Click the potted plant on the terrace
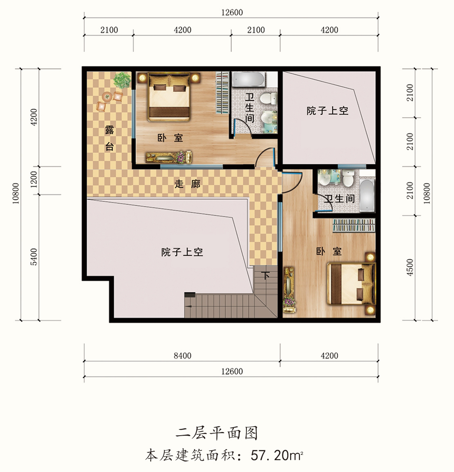tap(122, 80)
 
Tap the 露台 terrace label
tap(110, 138)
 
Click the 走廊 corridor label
tap(188, 184)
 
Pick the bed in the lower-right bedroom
tap(351, 283)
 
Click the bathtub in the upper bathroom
tap(249, 80)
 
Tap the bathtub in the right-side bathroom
tap(367, 195)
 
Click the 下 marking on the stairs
tap(265, 276)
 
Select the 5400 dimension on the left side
tap(34, 257)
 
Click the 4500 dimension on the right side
tap(410, 267)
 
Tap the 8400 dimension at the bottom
tap(182, 356)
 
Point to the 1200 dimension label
tap(34, 179)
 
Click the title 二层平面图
tap(217, 434)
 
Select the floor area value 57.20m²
tap(277, 455)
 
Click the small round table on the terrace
tap(107, 97)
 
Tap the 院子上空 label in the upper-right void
tap(327, 111)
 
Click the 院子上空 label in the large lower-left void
tap(182, 252)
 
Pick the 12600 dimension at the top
tap(232, 12)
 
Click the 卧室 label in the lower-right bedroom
tap(329, 251)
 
